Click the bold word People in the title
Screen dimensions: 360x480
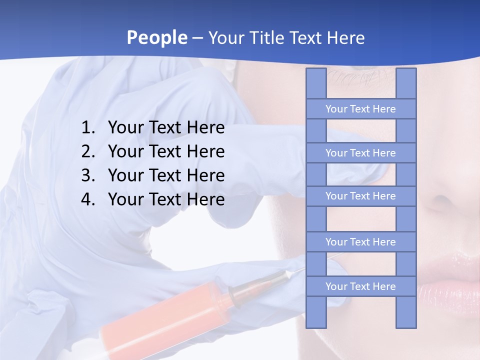coord(156,37)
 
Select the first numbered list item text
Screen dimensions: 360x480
coord(166,128)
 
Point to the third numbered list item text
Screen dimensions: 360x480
coord(166,175)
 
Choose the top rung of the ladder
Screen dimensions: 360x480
coord(360,109)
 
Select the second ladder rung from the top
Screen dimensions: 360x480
coord(360,153)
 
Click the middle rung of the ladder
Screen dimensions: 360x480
coord(360,196)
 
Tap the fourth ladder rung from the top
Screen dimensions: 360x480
coord(360,242)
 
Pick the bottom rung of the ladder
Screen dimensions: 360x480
coord(360,286)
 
